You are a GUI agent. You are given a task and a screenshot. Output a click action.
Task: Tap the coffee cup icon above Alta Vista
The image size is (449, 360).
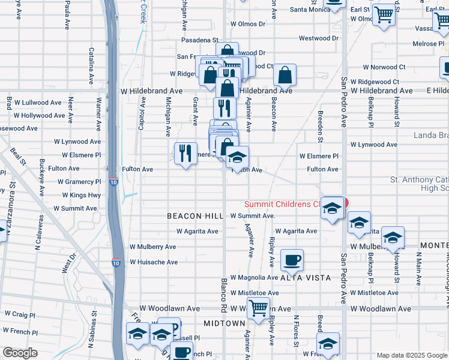pos(292,260)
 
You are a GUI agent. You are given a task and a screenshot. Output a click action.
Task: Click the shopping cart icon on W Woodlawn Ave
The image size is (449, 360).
pos(258,310)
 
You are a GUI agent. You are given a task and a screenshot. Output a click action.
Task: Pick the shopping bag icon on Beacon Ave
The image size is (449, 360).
pos(285,76)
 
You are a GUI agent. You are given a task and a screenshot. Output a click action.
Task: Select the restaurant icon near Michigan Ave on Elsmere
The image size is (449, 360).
pos(185,153)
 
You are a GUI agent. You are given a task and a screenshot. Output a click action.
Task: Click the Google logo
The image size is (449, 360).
pos(20,352)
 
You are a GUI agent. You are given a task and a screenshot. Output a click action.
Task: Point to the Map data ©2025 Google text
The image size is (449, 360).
pos(411,355)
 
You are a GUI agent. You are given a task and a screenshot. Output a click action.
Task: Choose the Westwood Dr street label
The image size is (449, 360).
pos(319,38)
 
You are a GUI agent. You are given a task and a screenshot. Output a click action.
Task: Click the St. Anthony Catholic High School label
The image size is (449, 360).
pos(419,184)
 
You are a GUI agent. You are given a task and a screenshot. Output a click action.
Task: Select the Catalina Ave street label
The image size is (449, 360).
pos(91,65)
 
